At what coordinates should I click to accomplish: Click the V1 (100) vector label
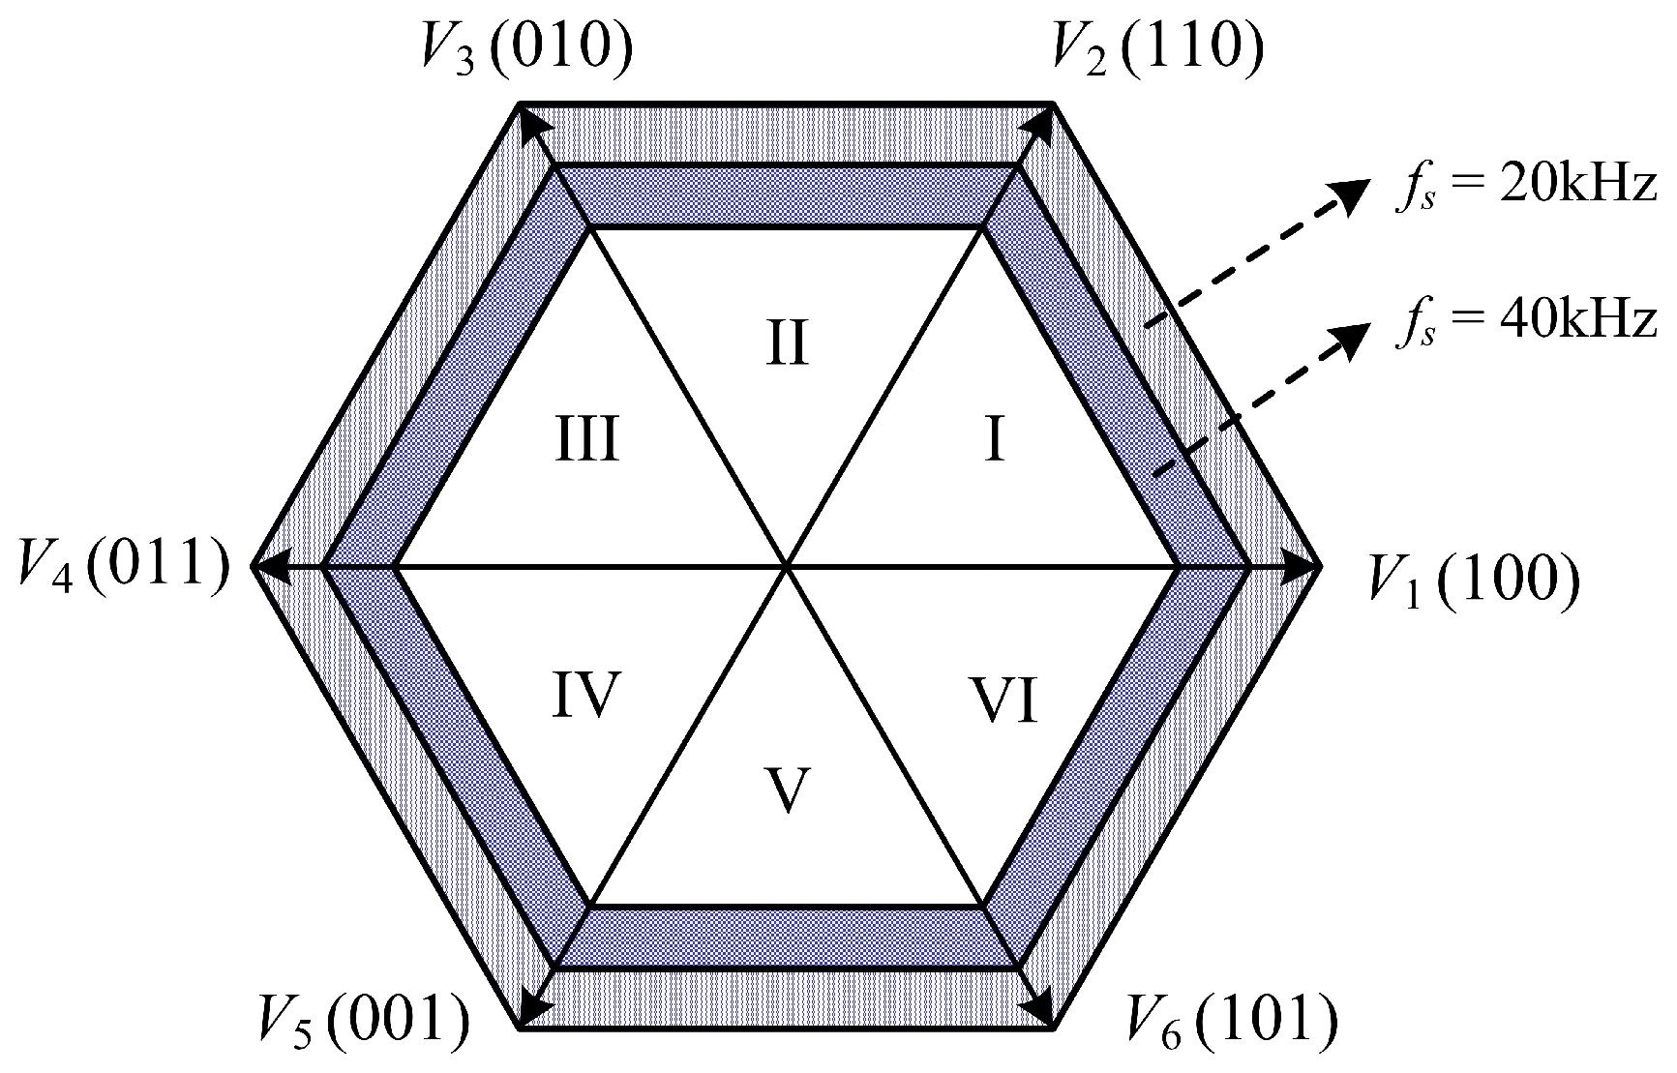coord(1473,581)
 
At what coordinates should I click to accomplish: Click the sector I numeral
coord(995,441)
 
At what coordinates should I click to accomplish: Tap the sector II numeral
coord(787,344)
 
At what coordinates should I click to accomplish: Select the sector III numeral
coord(587,441)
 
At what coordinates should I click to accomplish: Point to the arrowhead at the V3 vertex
coord(531,120)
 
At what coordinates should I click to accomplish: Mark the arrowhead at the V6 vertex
coord(1043,1010)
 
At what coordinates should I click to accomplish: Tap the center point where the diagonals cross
coord(788,566)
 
